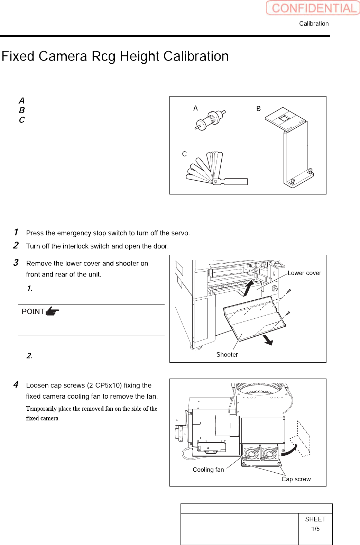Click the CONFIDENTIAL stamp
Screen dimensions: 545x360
coord(313,8)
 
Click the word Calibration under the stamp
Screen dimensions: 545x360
coord(314,24)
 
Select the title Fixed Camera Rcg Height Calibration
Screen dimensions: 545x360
coord(115,56)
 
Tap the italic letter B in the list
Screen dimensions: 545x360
coord(22,110)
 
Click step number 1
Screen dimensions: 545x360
coord(16,232)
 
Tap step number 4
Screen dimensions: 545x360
coord(16,384)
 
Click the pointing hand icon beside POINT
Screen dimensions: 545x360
coord(52,311)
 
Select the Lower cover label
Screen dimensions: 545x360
coord(304,273)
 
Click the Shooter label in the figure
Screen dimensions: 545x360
coord(227,355)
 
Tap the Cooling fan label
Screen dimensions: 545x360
coord(208,470)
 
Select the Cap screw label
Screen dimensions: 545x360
coord(296,479)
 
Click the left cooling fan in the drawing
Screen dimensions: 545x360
coord(251,453)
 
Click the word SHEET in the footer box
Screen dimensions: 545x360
coord(315,519)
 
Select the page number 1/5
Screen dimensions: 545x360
coord(315,529)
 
